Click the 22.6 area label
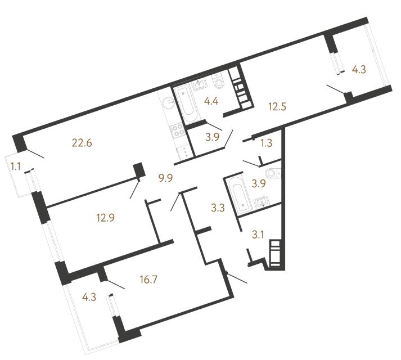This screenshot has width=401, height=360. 82,143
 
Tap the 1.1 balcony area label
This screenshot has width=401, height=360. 15,166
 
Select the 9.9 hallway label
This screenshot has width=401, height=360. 166,178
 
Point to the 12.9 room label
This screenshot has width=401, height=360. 105,218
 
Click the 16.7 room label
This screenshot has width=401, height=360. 148,280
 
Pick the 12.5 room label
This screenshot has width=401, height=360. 277,106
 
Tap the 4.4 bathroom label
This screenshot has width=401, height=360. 211,101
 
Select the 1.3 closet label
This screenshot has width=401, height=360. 267,143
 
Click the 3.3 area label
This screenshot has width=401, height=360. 218,208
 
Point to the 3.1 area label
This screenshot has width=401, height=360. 258,235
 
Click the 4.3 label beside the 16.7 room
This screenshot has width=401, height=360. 89,297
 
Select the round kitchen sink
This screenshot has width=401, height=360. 169,103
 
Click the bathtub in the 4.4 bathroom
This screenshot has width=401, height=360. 186,104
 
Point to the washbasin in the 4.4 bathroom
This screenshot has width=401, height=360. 200,85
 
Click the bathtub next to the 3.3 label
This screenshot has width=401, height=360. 239,195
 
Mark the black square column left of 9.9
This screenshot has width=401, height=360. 139,170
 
